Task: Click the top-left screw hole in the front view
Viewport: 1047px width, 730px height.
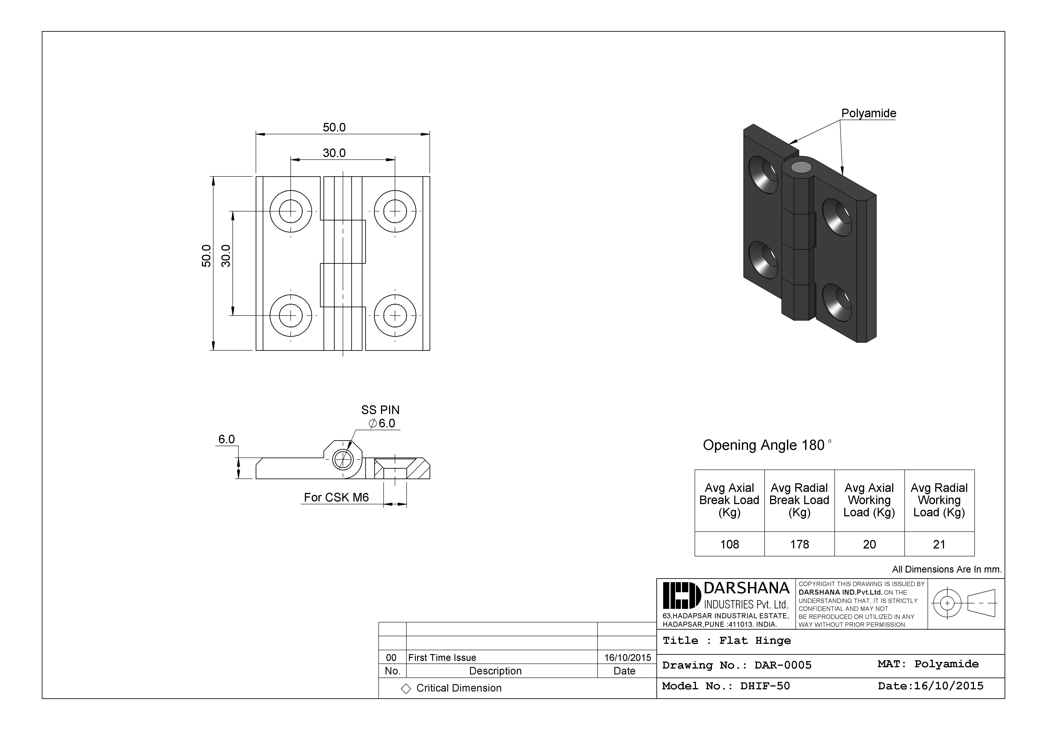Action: click(290, 211)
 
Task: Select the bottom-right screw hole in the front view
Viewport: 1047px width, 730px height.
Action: click(395, 315)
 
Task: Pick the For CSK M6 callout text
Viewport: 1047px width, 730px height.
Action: click(336, 498)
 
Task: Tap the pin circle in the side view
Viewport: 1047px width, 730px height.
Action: click(343, 459)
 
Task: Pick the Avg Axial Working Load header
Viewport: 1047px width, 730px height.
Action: click(869, 500)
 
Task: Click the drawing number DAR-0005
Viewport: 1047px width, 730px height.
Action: click(783, 665)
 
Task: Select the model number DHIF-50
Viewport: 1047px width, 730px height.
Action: click(765, 686)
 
